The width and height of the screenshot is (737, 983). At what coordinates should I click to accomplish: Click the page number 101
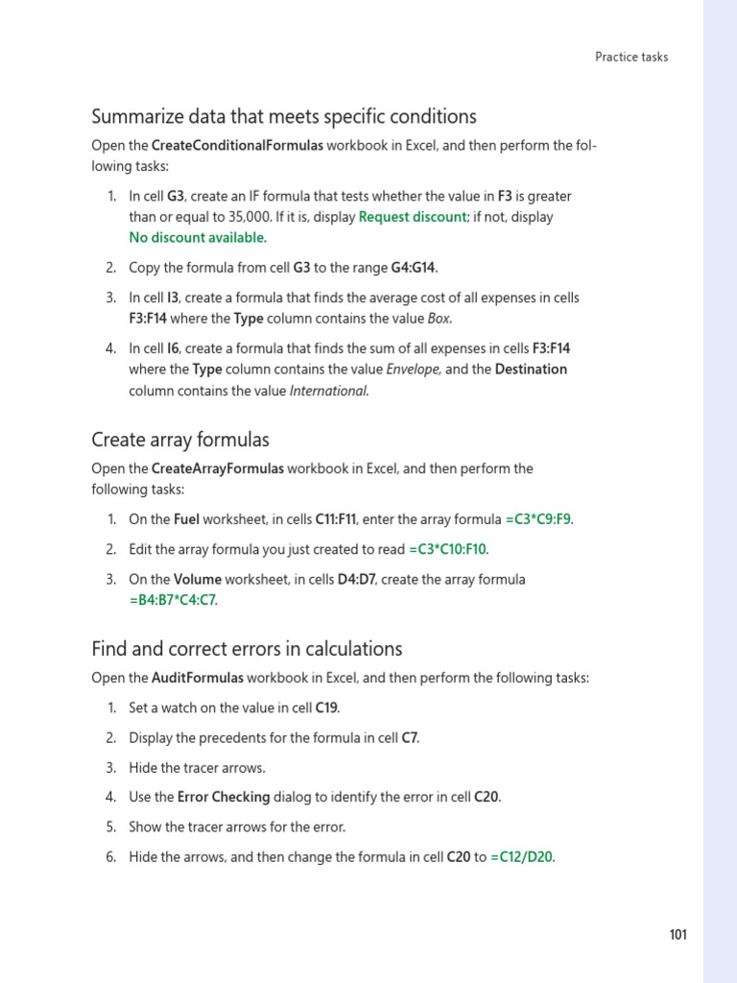pyautogui.click(x=678, y=936)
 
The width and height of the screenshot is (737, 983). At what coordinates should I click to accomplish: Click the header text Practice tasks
pyautogui.click(x=631, y=57)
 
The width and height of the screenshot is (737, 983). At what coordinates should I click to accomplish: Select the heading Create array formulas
pyautogui.click(x=180, y=440)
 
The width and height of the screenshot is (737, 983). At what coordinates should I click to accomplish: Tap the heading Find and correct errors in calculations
pyautogui.click(x=247, y=648)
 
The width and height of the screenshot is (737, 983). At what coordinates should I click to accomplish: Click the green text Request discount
pyautogui.click(x=413, y=217)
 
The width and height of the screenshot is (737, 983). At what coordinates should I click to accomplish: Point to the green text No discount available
pyautogui.click(x=198, y=237)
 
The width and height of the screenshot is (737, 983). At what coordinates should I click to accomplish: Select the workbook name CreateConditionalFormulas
pyautogui.click(x=238, y=145)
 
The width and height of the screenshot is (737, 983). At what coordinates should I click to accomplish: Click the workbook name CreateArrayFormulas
pyautogui.click(x=218, y=468)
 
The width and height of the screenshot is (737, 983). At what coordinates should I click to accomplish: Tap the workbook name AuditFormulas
pyautogui.click(x=198, y=678)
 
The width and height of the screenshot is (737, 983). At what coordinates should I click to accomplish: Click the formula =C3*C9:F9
pyautogui.click(x=538, y=519)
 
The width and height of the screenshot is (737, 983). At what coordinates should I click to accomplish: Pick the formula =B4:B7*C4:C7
pyautogui.click(x=173, y=600)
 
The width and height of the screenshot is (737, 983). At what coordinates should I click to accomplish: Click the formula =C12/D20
pyautogui.click(x=522, y=857)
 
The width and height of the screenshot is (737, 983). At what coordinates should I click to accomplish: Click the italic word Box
pyautogui.click(x=440, y=317)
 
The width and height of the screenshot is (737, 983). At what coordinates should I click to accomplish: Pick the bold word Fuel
pyautogui.click(x=186, y=519)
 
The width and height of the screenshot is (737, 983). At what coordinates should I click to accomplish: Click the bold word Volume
pyautogui.click(x=198, y=579)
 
